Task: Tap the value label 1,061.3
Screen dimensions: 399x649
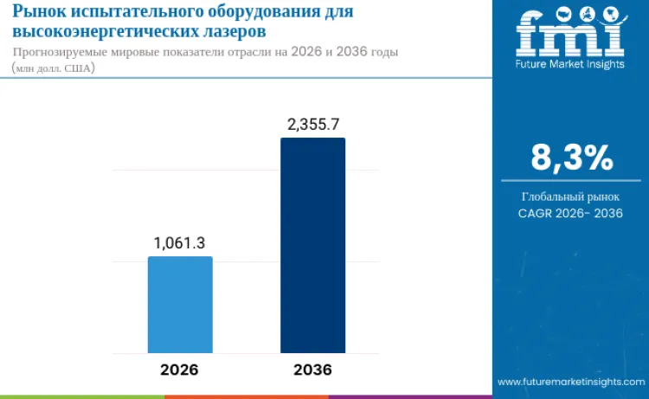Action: [179, 243]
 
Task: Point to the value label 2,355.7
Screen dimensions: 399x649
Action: [312, 125]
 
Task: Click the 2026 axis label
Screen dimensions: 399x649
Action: [179, 369]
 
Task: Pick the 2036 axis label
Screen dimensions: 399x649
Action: [312, 369]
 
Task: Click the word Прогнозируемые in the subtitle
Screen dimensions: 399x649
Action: [63, 52]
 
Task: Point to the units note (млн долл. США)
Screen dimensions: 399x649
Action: [53, 68]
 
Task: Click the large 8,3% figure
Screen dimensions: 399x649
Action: [571, 158]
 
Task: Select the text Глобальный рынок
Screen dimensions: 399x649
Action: [571, 196]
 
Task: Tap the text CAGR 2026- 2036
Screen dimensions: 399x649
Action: [571, 213]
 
